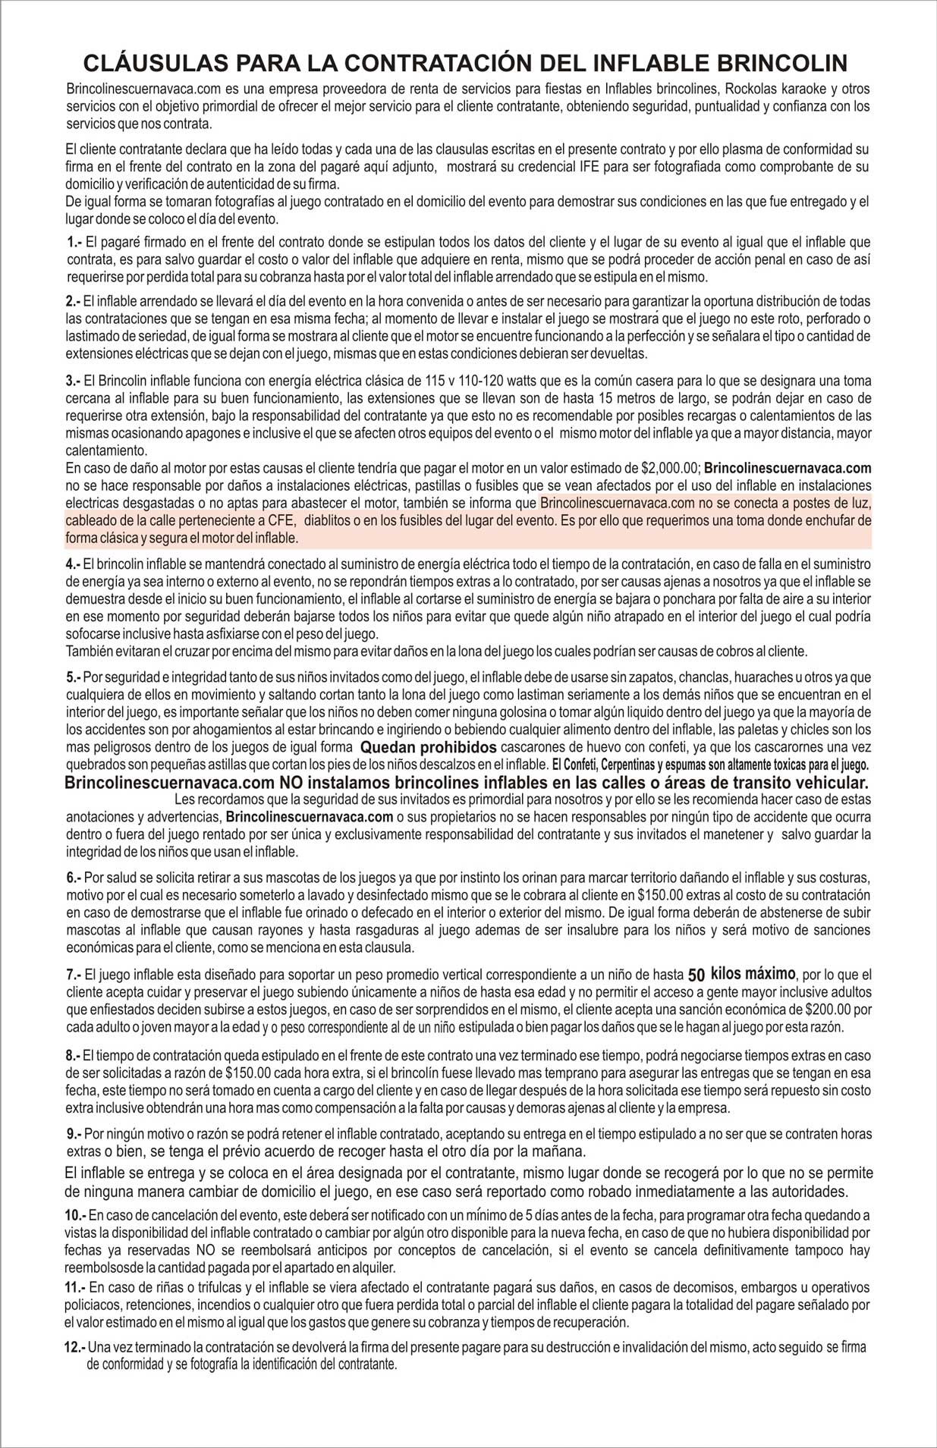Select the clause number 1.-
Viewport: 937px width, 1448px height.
74,242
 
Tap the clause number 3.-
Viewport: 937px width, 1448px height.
73,381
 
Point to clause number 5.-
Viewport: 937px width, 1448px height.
74,677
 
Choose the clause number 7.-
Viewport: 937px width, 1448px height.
74,975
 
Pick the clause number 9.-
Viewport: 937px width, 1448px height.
74,1134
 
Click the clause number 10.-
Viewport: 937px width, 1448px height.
75,1215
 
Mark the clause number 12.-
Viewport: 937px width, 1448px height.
75,1347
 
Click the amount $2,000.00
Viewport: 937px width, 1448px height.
670,468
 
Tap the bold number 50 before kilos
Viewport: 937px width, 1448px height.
696,975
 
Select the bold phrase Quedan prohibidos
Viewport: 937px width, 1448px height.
428,747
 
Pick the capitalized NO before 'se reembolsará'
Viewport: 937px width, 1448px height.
205,1250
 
